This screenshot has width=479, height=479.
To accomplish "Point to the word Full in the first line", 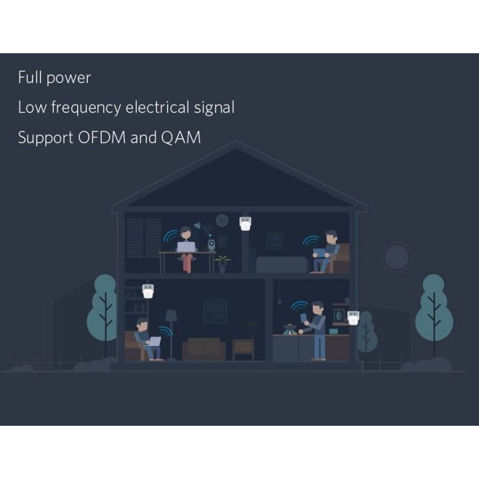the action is tap(29, 78).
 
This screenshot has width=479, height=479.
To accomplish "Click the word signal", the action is tap(214, 108).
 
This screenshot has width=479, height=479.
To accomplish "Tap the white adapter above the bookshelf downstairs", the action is tap(147, 291).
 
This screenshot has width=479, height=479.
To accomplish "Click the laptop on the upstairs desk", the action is tap(186, 246).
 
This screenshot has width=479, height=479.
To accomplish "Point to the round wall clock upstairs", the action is tap(222, 220).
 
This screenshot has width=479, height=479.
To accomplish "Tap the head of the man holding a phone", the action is tap(317, 307).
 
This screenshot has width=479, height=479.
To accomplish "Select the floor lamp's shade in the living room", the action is tap(171, 315).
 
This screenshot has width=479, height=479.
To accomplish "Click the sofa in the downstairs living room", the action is tap(204, 349).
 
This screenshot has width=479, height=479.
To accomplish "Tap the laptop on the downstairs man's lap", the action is tap(154, 342).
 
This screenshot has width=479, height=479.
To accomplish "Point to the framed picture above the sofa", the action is tap(214, 310).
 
